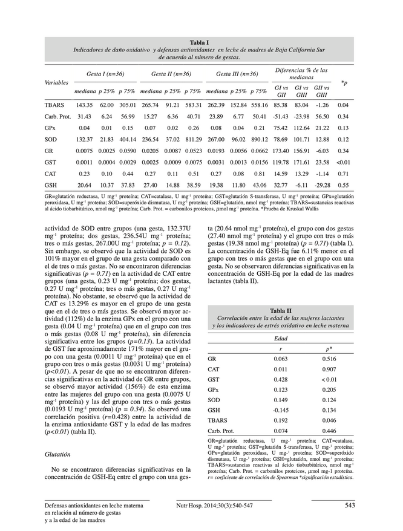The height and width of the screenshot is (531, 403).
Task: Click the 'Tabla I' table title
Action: [x=199, y=42]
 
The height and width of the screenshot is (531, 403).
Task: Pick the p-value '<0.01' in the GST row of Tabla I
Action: [x=343, y=162]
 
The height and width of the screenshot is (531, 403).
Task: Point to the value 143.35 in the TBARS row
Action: [x=84, y=105]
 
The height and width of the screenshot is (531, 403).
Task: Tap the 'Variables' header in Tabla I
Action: [x=57, y=81]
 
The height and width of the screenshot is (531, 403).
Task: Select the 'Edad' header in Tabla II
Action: [x=280, y=338]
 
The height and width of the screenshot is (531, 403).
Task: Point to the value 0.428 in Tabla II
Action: [x=280, y=379]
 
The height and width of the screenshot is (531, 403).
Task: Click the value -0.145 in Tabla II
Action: [x=280, y=409]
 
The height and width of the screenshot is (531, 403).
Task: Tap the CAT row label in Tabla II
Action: [x=213, y=369]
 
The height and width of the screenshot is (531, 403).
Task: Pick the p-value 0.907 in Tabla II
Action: [x=329, y=369]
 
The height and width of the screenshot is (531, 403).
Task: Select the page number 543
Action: [x=349, y=505]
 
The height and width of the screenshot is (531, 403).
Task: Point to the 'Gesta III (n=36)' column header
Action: [x=233, y=74]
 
